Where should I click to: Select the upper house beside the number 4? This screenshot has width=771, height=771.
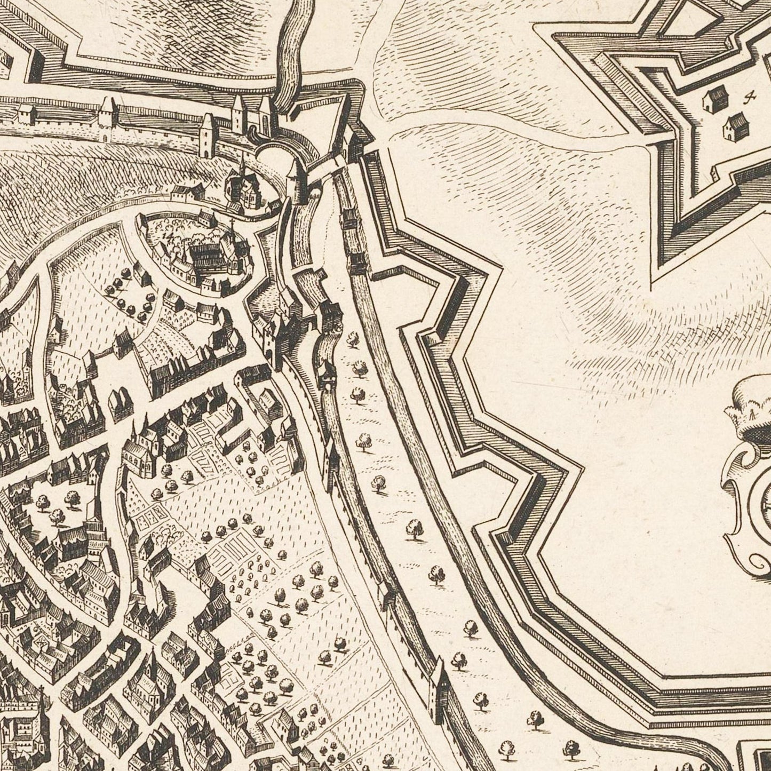click(715, 99)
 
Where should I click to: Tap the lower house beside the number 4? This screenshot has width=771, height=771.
click(733, 125)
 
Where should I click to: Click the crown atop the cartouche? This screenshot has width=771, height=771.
click(750, 411)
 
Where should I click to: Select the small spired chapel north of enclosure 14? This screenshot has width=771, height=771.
click(241, 184)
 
